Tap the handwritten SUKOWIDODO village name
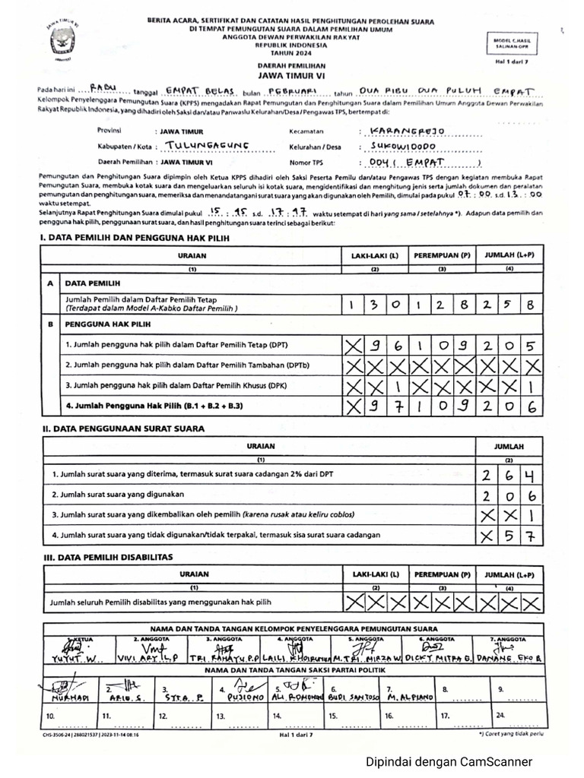[403, 146]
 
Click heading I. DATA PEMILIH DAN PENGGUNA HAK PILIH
[134, 239]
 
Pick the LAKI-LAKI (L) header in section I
[374, 256]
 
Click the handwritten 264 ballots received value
[509, 476]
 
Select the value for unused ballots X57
[509, 536]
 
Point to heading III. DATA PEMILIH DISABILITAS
[108, 557]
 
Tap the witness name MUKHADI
[68, 697]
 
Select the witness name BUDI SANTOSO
[348, 697]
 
